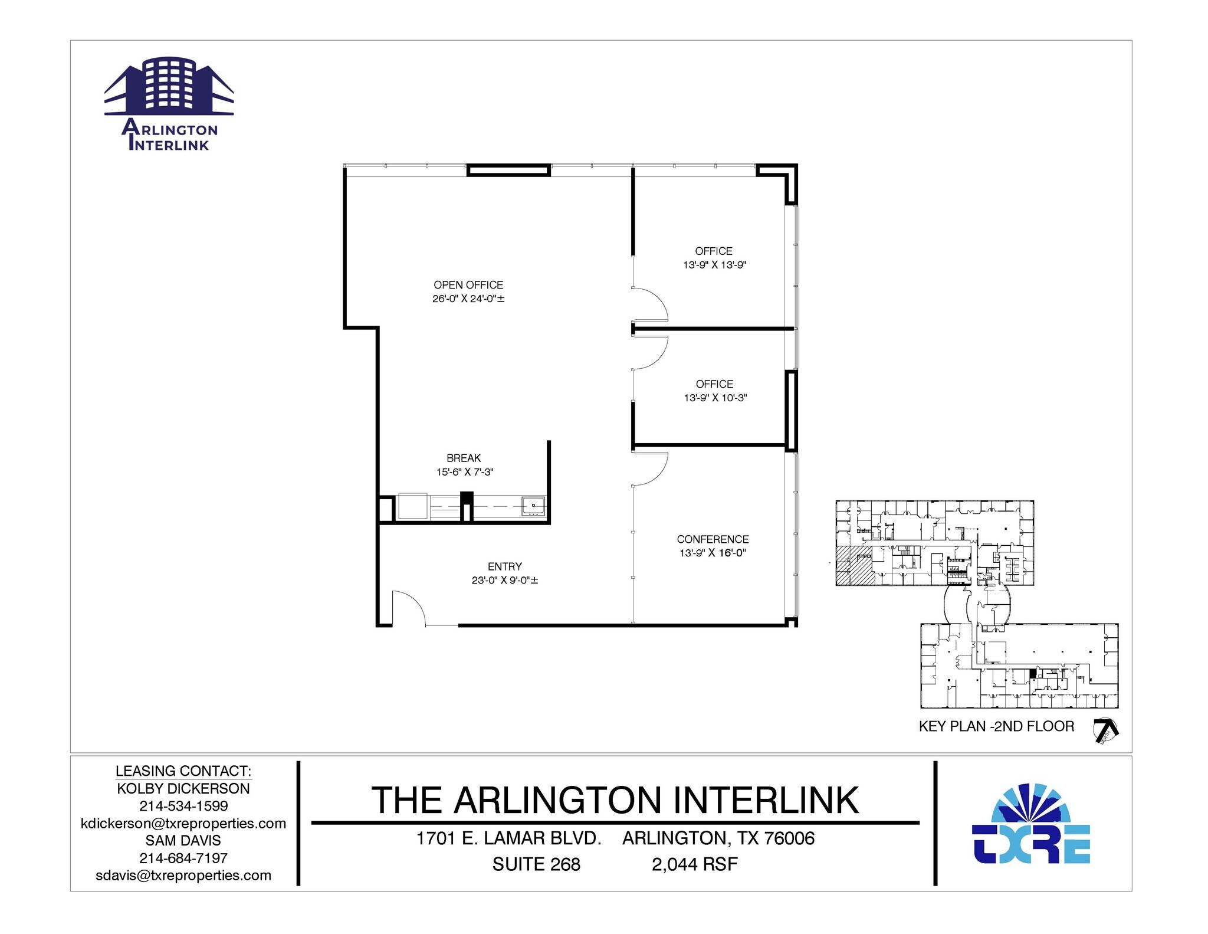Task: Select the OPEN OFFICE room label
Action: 468,285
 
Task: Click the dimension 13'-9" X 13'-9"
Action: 714,266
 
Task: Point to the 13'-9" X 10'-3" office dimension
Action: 715,398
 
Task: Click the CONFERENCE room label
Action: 713,539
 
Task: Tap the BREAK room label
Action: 464,458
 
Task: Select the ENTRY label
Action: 504,566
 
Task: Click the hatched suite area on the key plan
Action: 855,565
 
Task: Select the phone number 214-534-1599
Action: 183,806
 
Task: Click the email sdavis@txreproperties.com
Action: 183,876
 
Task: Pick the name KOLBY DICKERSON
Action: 183,789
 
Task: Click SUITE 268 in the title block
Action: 536,864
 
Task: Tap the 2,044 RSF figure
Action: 694,864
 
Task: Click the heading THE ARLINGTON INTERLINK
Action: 615,801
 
